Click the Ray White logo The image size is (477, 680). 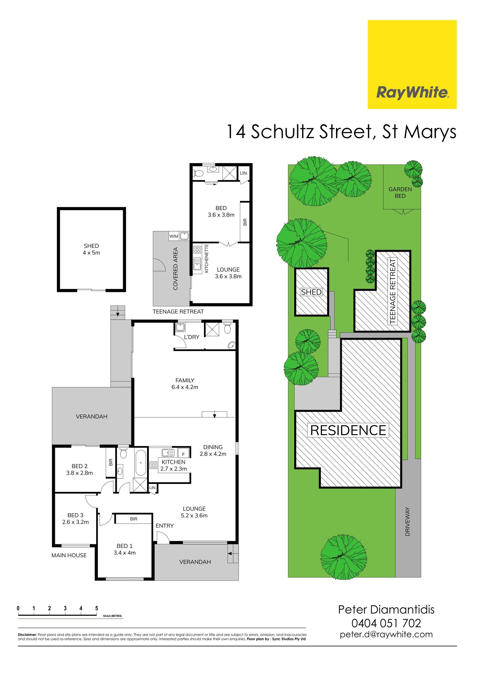coord(412,65)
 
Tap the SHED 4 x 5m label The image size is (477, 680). coord(91,249)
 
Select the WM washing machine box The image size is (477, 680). coord(174,236)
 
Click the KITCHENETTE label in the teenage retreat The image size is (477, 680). coord(207,258)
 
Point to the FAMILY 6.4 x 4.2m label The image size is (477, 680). coord(185,383)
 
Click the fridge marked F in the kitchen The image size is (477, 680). coord(183,454)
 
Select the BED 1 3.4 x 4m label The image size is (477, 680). coord(125,549)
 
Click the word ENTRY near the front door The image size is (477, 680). coord(165,526)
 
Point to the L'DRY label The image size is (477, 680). coord(192,337)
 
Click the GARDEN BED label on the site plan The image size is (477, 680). coord(400,193)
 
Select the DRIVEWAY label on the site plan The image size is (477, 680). coord(407,521)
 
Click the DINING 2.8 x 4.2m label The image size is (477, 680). coord(213,450)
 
